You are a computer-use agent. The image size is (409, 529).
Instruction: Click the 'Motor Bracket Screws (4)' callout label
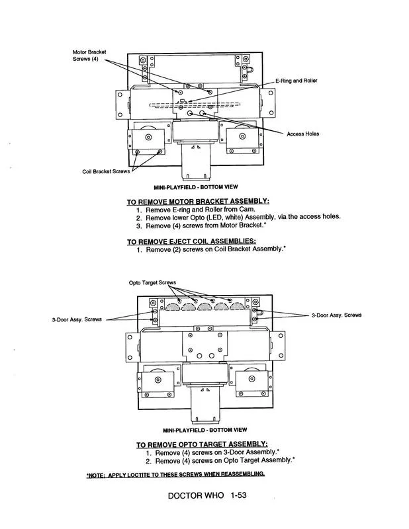pyautogui.click(x=89, y=56)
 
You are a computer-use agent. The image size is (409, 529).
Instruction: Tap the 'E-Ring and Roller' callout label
pyautogui.click(x=296, y=81)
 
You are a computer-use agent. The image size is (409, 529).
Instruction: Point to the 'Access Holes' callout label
pyautogui.click(x=302, y=134)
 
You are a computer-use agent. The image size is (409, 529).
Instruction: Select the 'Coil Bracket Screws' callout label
pyautogui.click(x=106, y=171)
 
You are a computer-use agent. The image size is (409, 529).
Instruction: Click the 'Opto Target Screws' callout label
pyautogui.click(x=152, y=282)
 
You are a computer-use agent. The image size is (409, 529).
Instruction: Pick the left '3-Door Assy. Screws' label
pyautogui.click(x=77, y=319)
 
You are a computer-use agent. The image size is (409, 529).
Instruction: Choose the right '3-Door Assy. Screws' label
pyautogui.click(x=336, y=315)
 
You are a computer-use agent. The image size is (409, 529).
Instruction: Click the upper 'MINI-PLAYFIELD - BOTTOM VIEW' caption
pyautogui.click(x=195, y=187)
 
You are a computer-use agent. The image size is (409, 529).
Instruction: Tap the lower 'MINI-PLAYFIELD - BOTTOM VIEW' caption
pyautogui.click(x=204, y=430)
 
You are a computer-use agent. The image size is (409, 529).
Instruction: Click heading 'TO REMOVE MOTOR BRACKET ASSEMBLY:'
pyautogui.click(x=198, y=202)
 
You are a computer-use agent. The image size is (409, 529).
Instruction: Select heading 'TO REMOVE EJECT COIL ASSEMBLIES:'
pyautogui.click(x=191, y=241)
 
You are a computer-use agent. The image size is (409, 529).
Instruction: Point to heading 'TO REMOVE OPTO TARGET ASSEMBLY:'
pyautogui.click(x=202, y=444)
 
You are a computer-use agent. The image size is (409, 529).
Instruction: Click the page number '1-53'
pyautogui.click(x=239, y=495)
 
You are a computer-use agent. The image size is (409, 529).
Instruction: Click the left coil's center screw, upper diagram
pyautogui.click(x=148, y=137)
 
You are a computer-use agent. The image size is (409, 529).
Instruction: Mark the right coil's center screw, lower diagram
pyautogui.click(x=251, y=379)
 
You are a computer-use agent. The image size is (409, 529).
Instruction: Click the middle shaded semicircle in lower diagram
pyautogui.click(x=205, y=306)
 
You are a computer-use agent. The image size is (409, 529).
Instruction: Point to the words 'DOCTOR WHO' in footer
pyautogui.click(x=196, y=495)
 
